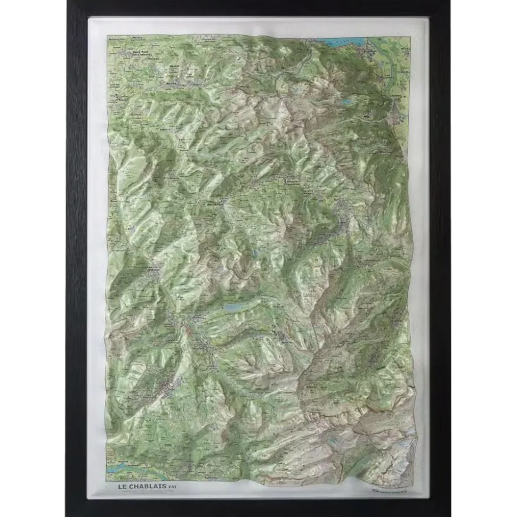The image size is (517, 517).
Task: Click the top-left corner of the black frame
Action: click(x=68, y=3)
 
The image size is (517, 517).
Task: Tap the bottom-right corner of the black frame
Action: click(x=448, y=514)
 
